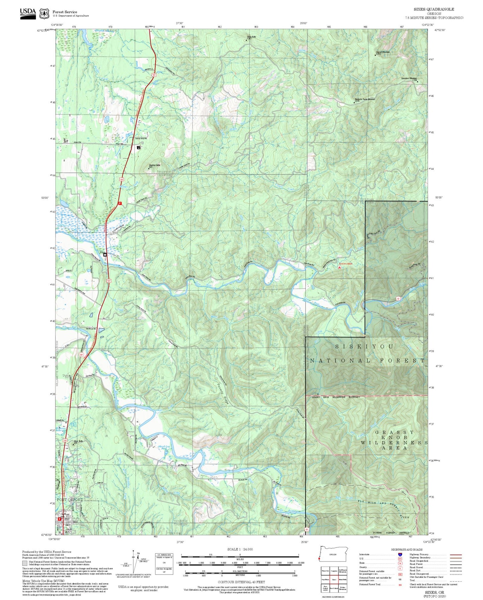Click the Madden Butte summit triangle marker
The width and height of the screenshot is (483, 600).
pyautogui.click(x=149, y=168)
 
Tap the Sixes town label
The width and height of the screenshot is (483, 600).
pyautogui.click(x=102, y=252)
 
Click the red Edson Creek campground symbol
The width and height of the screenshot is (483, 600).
pyautogui.click(x=340, y=268)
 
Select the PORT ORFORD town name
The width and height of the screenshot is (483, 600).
pyautogui.click(x=70, y=500)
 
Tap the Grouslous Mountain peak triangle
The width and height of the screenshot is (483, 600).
pyautogui.click(x=417, y=82)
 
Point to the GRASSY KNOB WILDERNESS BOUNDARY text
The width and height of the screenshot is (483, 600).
pyautogui.click(x=336, y=397)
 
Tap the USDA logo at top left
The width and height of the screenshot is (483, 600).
pyautogui.click(x=28, y=13)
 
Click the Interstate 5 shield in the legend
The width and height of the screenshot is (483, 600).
pyautogui.click(x=400, y=555)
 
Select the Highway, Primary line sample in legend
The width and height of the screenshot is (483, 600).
pyautogui.click(x=456, y=555)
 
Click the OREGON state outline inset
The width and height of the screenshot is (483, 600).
pyautogui.click(x=333, y=554)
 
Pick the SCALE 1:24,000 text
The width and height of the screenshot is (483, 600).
pyautogui.click(x=240, y=549)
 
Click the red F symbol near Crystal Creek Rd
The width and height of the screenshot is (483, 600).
pyautogui.click(x=119, y=203)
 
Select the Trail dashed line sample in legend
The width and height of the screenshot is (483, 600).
pyautogui.click(x=456, y=580)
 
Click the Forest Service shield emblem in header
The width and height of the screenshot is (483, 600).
pyautogui.click(x=44, y=14)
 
